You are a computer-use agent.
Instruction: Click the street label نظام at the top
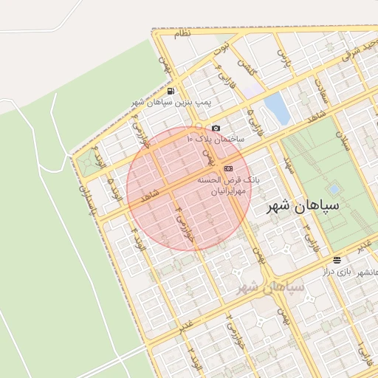tap(183, 33)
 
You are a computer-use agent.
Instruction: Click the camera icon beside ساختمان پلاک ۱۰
tap(216, 128)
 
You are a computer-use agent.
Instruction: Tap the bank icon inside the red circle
tap(227, 168)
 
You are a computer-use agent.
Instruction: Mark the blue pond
tap(276, 108)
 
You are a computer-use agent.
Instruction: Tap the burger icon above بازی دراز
tap(337, 260)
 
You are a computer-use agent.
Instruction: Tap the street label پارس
tap(281, 55)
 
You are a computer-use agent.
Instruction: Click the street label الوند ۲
tap(194, 354)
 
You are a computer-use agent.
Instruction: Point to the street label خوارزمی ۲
tap(238, 324)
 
